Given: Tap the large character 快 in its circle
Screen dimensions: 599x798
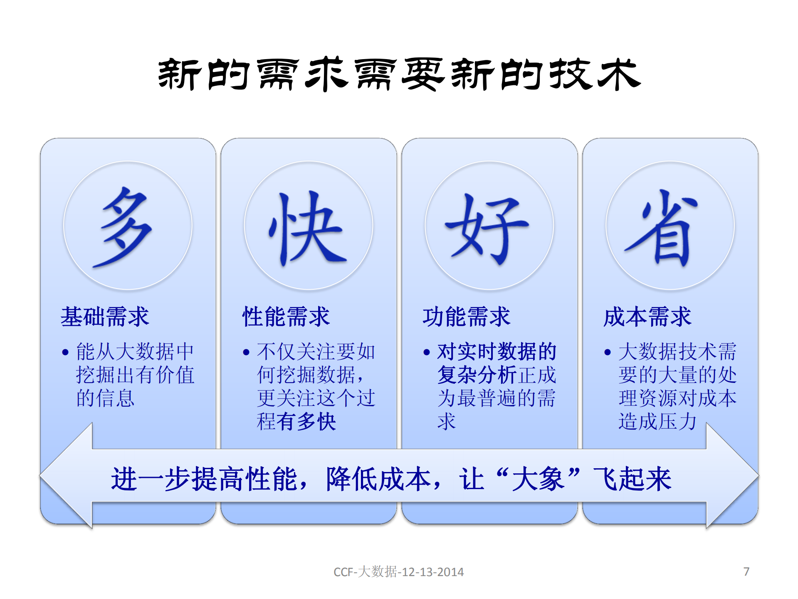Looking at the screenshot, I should tap(308, 228).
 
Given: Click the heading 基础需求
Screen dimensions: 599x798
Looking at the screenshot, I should tap(105, 316).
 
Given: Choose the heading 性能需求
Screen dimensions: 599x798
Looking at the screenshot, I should tap(286, 316).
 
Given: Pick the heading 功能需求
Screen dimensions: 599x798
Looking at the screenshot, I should tap(467, 316).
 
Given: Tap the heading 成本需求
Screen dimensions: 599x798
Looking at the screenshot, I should tap(647, 316).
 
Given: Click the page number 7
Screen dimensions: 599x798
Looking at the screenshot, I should tap(746, 572).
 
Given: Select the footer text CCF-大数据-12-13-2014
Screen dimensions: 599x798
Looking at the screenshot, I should tap(398, 572).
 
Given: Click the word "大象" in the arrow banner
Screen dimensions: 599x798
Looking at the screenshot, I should tap(538, 479).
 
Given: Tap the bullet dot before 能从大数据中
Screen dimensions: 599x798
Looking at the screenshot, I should tap(65, 353).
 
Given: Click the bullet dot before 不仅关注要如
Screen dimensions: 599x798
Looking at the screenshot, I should tap(246, 353).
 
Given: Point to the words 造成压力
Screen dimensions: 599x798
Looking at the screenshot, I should tap(657, 422).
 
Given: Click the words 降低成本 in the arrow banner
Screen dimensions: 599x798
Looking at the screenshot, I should tap(378, 479).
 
